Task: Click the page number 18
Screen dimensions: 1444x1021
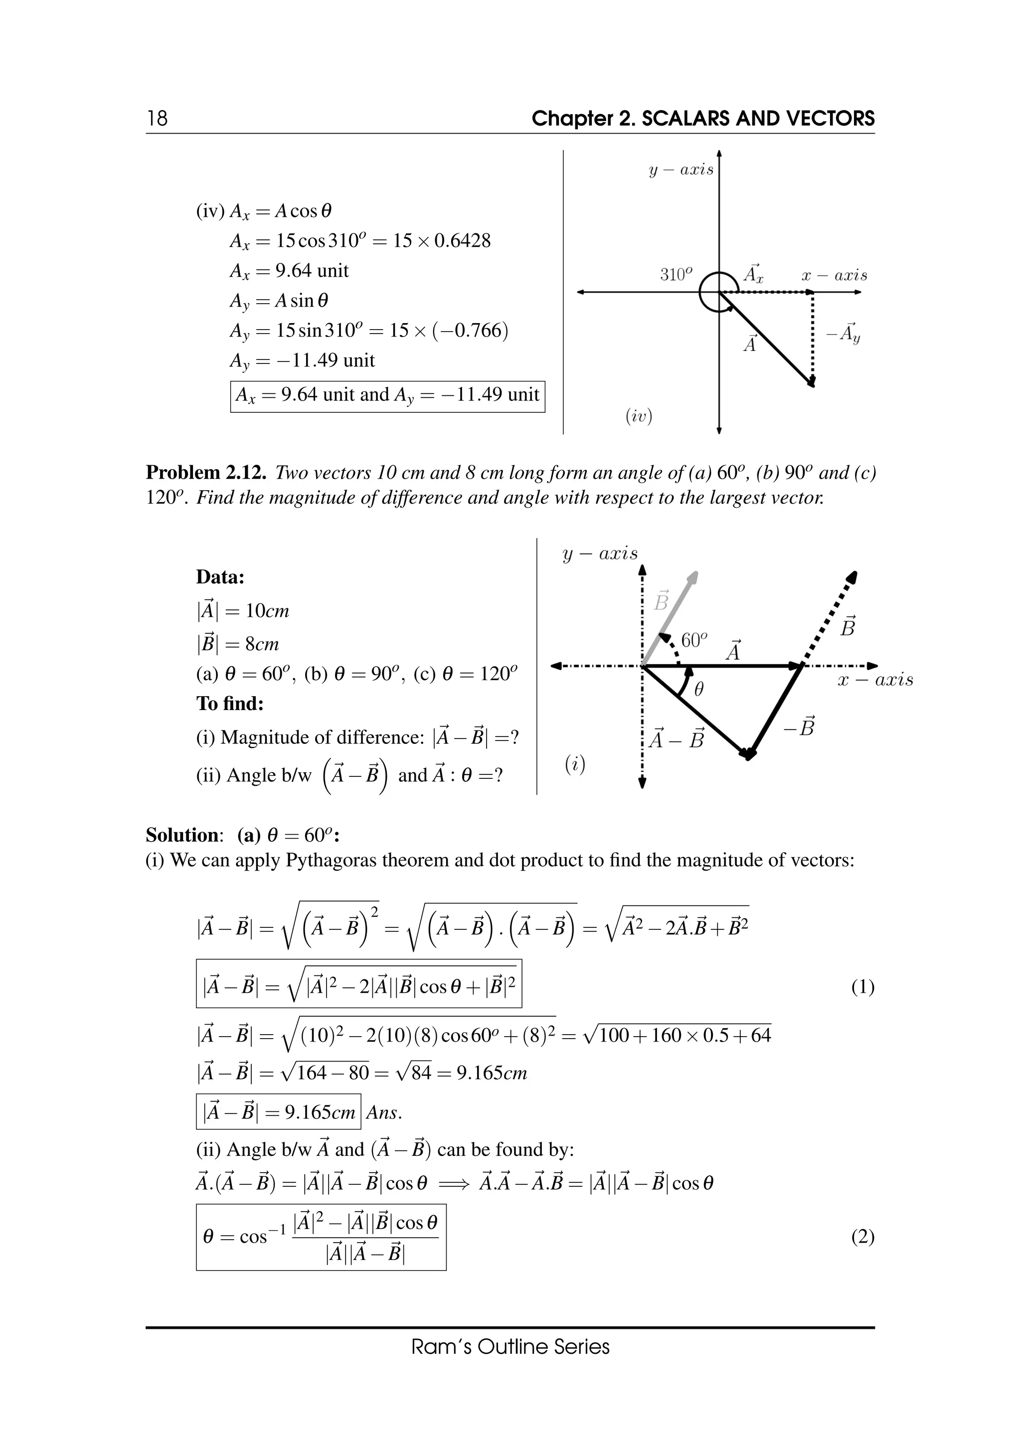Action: tap(157, 118)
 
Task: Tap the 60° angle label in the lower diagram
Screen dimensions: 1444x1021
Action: tap(694, 640)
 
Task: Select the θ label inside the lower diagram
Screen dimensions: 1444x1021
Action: tap(698, 690)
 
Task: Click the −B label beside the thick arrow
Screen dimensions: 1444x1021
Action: tap(800, 727)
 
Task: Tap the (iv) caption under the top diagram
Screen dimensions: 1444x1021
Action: tap(639, 416)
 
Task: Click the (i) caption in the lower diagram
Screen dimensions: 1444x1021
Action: tap(575, 764)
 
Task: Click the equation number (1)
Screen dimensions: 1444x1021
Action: tap(862, 987)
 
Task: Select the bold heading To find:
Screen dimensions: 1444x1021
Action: tap(230, 703)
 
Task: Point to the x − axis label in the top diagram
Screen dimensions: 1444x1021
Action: tap(834, 275)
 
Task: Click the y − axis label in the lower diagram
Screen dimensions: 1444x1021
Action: tap(599, 553)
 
